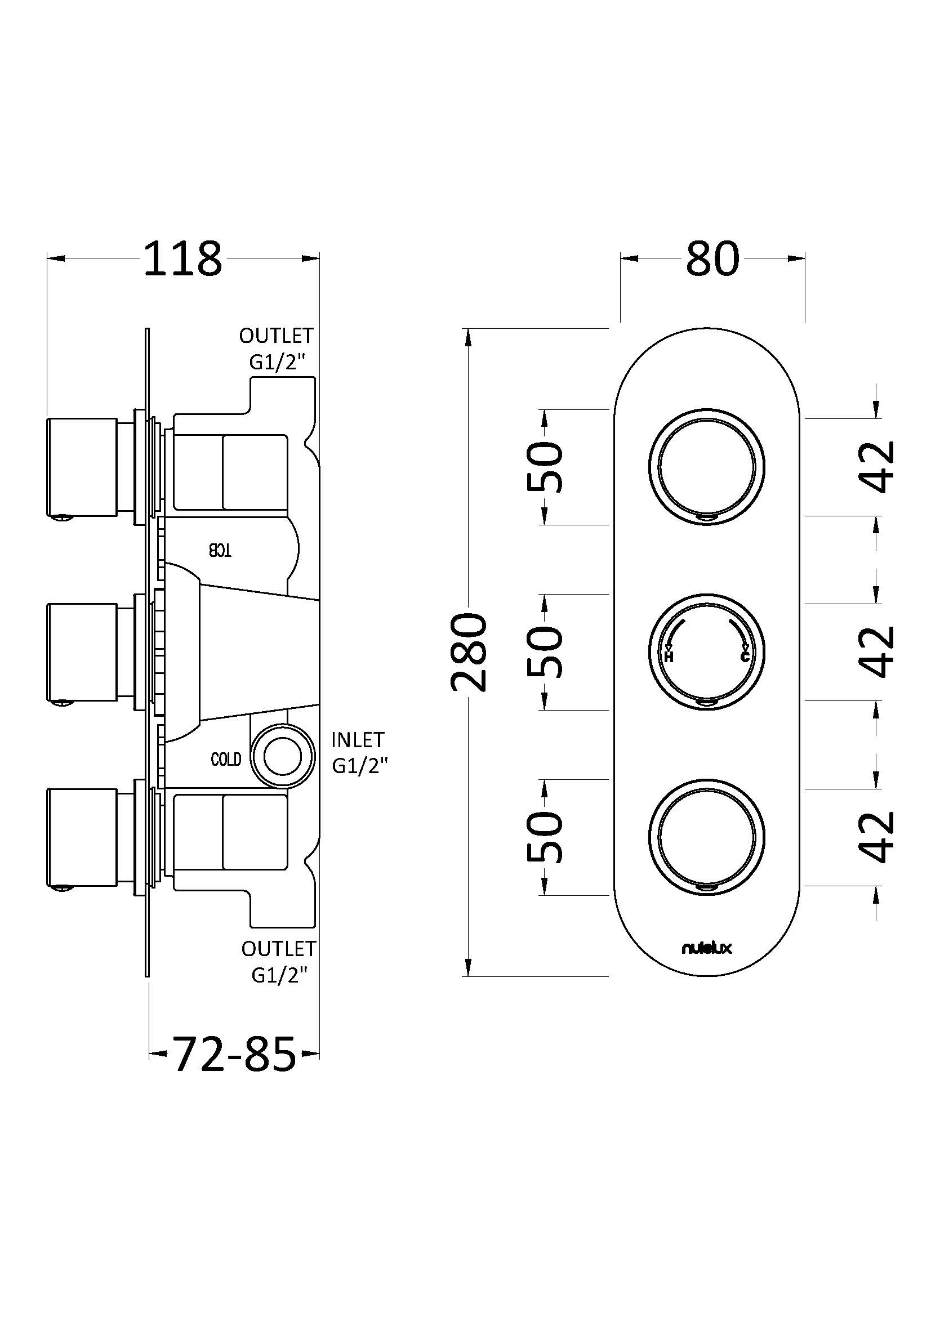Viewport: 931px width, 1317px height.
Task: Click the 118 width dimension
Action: pos(182,259)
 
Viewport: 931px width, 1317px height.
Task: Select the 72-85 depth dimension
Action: pos(234,1054)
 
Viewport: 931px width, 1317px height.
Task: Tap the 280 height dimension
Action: pos(469,651)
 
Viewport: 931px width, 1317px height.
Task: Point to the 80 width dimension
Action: pos(712,259)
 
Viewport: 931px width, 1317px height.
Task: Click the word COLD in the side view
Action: pos(226,760)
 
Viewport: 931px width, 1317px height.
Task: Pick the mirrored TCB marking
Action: pos(220,551)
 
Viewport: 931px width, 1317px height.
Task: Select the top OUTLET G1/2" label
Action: pos(277,349)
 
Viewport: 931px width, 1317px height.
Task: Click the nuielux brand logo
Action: pos(707,948)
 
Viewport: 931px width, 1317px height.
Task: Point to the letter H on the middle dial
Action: pos(669,657)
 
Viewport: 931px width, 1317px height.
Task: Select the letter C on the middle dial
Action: pos(745,657)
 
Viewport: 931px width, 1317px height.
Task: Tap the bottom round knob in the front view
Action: pos(707,836)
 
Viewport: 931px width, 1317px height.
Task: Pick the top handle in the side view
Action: pos(82,467)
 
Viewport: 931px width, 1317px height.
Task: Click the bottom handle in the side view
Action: pos(82,837)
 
